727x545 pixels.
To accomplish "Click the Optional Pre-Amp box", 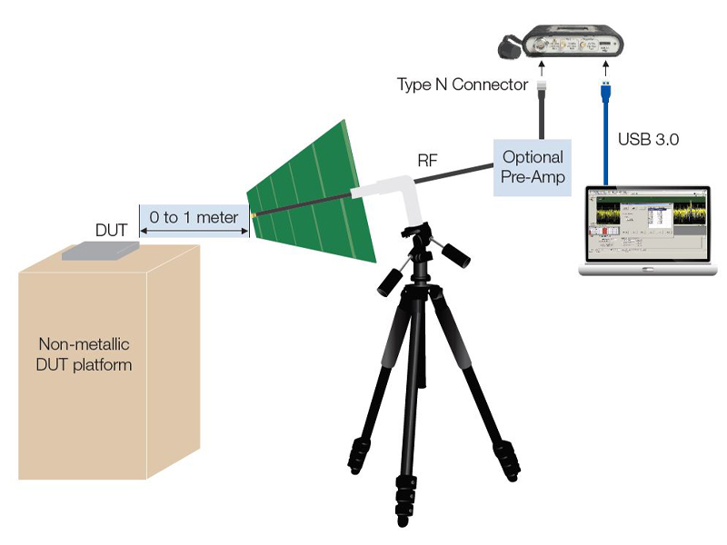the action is [532, 168].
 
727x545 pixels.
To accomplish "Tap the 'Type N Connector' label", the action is [463, 84].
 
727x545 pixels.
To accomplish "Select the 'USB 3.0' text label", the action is [648, 139].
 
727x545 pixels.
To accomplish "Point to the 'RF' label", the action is [427, 161].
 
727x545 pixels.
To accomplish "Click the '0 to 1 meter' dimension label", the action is [194, 217].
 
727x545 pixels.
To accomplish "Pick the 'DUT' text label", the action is [111, 230].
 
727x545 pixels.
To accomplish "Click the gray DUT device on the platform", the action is [101, 251].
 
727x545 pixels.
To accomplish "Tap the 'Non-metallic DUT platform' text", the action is [84, 354].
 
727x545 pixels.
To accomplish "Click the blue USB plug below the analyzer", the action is [605, 92].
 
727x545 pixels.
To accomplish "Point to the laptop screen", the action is [648, 224].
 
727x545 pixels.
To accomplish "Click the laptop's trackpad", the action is [648, 269].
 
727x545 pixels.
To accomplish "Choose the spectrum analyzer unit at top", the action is [562, 42].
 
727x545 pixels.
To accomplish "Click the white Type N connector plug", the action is [541, 85].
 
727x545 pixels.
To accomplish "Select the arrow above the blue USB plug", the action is [605, 70].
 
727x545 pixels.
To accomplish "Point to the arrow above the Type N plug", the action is [541, 70].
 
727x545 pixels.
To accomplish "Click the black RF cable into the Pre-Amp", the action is [453, 173].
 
